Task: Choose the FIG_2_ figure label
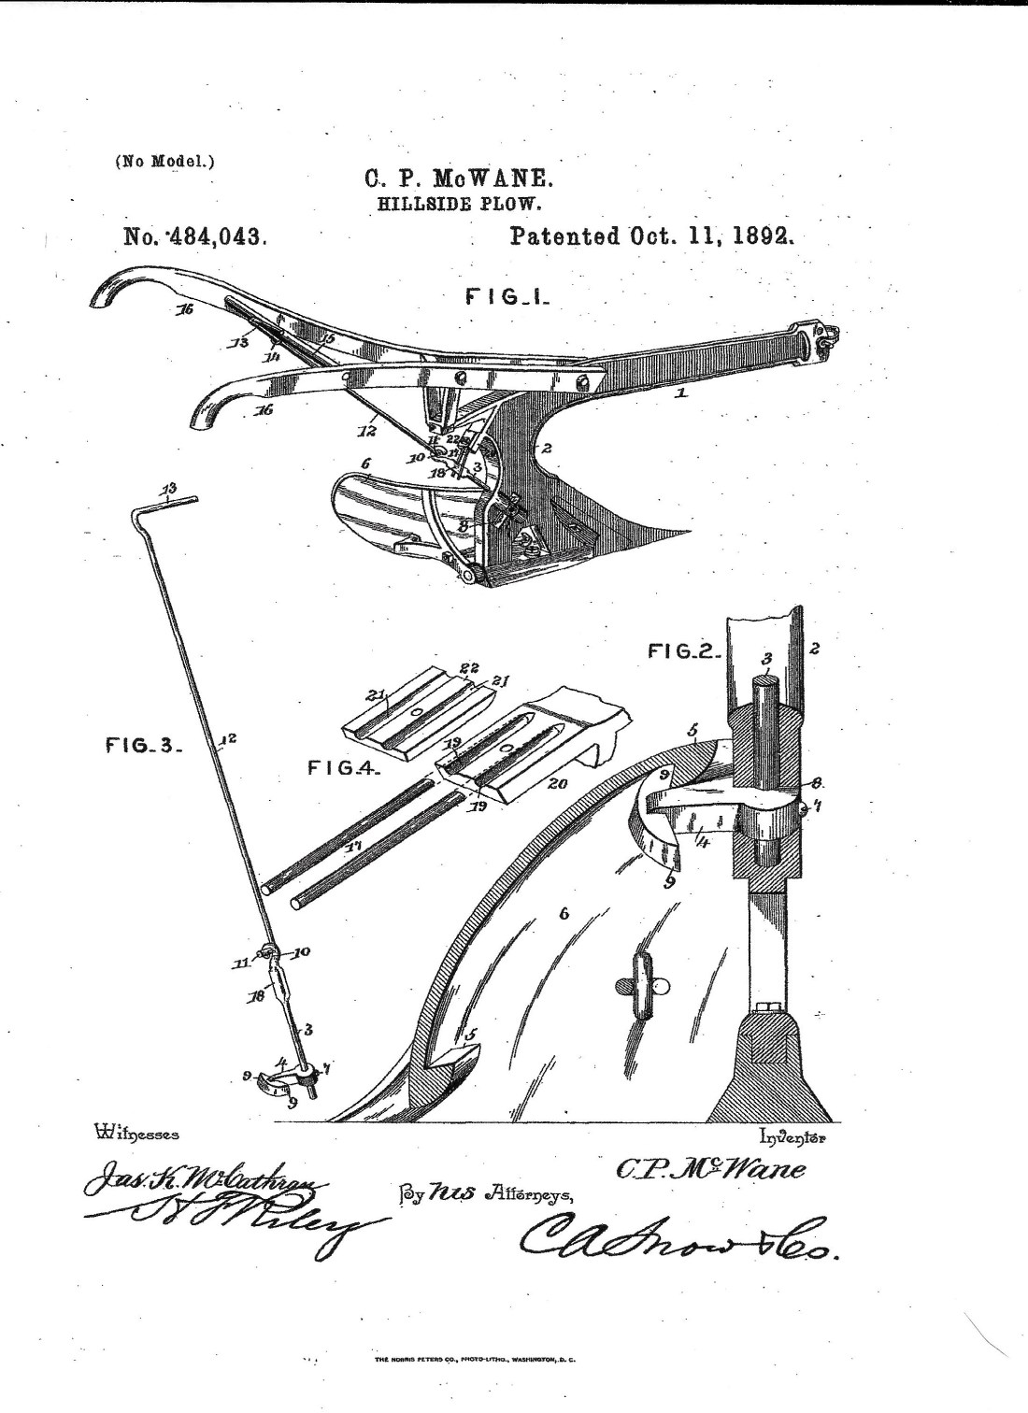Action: click(x=683, y=649)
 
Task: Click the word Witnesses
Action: click(x=136, y=1135)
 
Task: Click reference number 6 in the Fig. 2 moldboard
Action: click(x=564, y=914)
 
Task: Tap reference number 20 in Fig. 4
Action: click(x=557, y=784)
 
